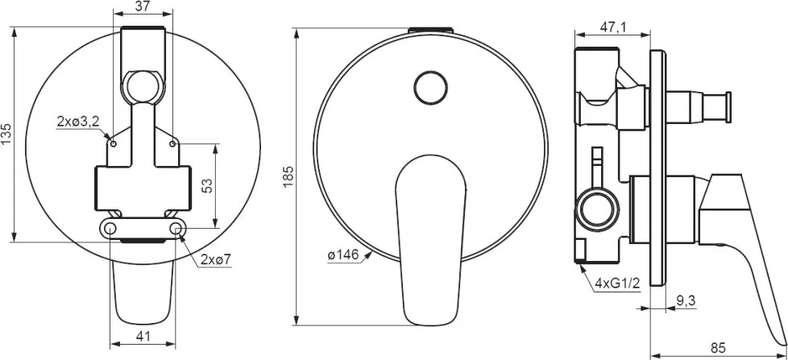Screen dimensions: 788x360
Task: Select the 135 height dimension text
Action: [6, 134]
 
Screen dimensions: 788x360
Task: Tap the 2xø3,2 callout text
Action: [78, 121]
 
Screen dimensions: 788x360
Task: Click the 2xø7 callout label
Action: [215, 259]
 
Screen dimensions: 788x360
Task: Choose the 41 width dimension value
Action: [143, 337]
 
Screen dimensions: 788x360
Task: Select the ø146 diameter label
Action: [343, 255]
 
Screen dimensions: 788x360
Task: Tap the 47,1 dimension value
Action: [612, 28]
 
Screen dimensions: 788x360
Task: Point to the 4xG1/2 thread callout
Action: [617, 283]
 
